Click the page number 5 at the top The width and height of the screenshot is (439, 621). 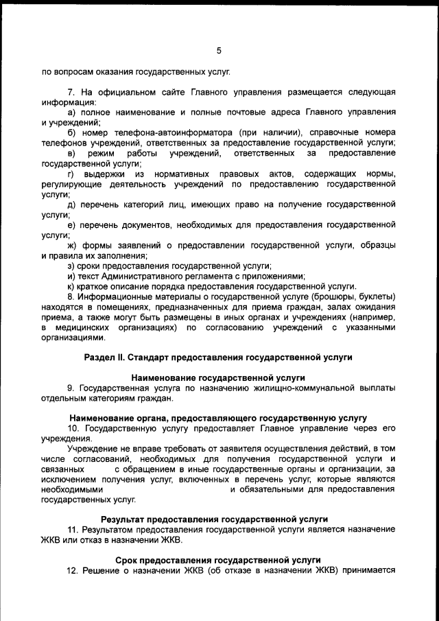coord(219,50)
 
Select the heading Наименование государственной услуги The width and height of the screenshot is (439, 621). coord(218,377)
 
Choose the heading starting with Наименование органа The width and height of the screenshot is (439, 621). coord(218,417)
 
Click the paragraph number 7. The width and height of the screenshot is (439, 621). coord(70,91)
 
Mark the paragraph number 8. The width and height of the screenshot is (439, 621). coord(70,296)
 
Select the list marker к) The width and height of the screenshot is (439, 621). coord(70,285)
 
